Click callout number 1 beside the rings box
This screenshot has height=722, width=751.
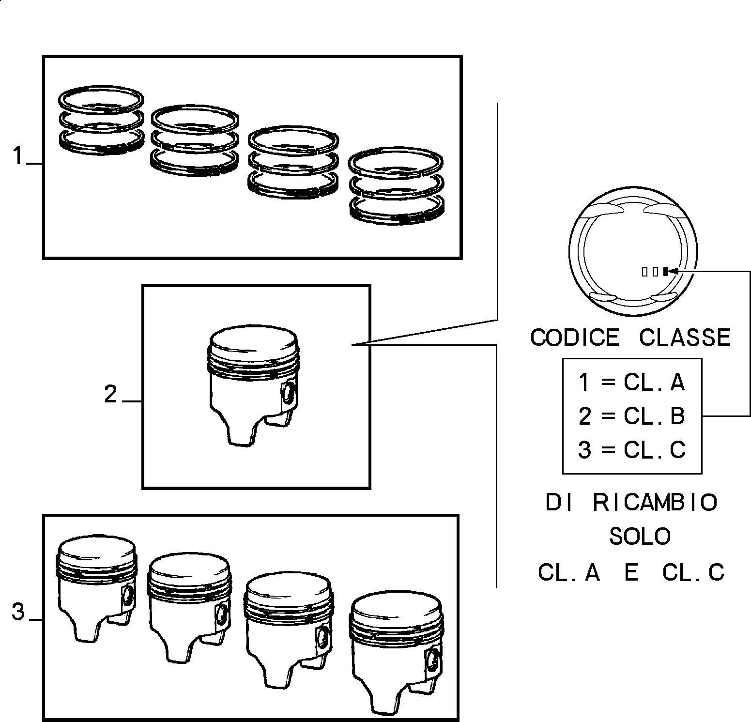(18, 157)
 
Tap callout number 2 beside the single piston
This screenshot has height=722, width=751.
(110, 395)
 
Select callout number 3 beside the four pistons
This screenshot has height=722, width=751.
(18, 612)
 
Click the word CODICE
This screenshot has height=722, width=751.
(575, 337)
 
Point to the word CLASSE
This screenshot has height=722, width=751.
(685, 337)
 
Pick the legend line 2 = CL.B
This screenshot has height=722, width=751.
(632, 415)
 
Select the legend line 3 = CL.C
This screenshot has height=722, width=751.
(632, 450)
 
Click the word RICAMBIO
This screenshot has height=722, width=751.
(655, 503)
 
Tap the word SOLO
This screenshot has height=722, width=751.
(640, 536)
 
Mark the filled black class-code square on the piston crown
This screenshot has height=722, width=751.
(666, 271)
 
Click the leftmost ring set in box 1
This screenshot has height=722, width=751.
(101, 121)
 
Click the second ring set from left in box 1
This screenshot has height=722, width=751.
(195, 140)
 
